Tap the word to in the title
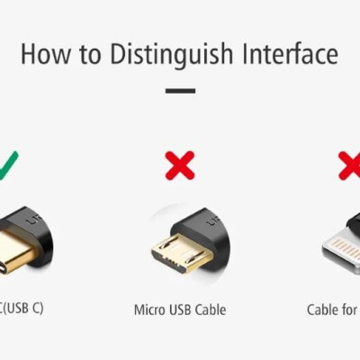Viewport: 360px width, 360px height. coord(89,54)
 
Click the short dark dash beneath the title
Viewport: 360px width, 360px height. coord(180,91)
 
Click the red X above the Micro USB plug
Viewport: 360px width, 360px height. coord(180,165)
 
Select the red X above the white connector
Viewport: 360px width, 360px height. coord(349,165)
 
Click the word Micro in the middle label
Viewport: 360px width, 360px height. coord(150,310)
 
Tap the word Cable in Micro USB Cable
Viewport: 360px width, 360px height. coord(211,310)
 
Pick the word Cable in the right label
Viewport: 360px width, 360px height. coord(322,310)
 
